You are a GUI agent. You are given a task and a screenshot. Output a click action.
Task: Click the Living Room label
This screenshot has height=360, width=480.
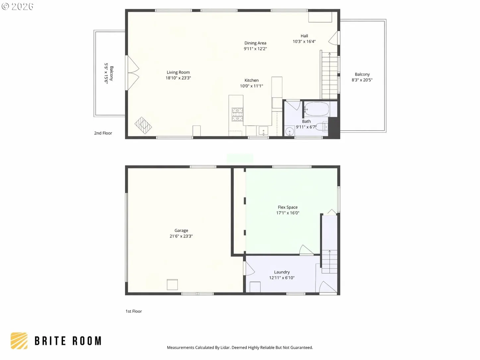click(x=178, y=72)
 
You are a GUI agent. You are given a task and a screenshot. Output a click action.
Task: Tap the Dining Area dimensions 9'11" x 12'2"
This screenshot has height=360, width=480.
click(x=255, y=49)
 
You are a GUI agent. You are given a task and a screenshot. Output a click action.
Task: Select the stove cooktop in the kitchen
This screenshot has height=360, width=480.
click(x=237, y=114)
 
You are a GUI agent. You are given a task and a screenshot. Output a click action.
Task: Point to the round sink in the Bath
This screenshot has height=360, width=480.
click(x=289, y=132)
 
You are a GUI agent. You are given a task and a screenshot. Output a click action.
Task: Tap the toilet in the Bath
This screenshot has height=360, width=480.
click(x=322, y=127)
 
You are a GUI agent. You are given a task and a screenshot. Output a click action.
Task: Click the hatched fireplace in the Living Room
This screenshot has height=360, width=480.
click(x=143, y=125)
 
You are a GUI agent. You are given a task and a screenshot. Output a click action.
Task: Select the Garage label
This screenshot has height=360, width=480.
click(x=181, y=230)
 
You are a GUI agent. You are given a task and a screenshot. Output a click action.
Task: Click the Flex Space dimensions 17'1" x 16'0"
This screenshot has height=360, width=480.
click(x=287, y=213)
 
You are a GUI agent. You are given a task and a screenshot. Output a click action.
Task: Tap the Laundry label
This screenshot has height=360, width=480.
click(x=282, y=272)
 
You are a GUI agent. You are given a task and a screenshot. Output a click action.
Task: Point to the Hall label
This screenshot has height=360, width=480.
click(x=304, y=36)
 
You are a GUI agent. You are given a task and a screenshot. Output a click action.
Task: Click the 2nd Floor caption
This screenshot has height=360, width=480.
click(x=103, y=133)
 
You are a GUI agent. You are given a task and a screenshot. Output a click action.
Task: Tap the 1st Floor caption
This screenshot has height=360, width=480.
click(x=134, y=311)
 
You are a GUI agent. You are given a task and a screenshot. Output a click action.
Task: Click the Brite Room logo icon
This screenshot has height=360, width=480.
click(x=19, y=341)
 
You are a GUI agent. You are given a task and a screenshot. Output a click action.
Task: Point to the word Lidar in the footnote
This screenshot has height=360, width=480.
click(x=225, y=347)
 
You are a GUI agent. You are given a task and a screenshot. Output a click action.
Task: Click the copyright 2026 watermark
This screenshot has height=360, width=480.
click(x=18, y=6)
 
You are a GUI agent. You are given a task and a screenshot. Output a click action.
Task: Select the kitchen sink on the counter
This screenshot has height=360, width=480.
click(x=263, y=131)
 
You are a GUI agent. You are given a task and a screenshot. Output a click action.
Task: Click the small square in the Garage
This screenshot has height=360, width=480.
click(x=172, y=285)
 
